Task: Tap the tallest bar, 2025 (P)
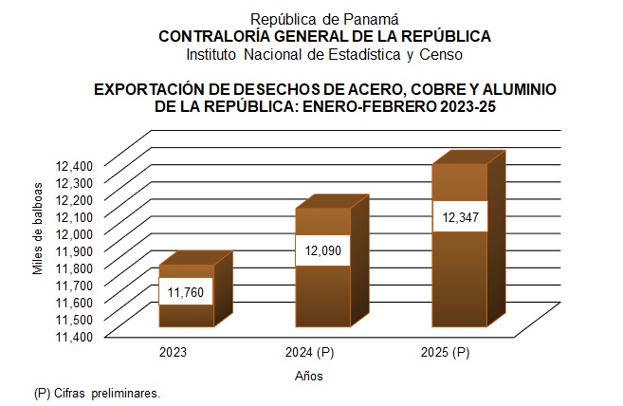tap(460, 275)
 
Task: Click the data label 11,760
tap(187, 292)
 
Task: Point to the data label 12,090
tap(322, 251)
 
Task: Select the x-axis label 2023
tap(173, 353)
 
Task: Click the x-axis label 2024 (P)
tap(309, 353)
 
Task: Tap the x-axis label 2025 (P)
tap(446, 353)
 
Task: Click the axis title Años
tap(308, 376)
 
